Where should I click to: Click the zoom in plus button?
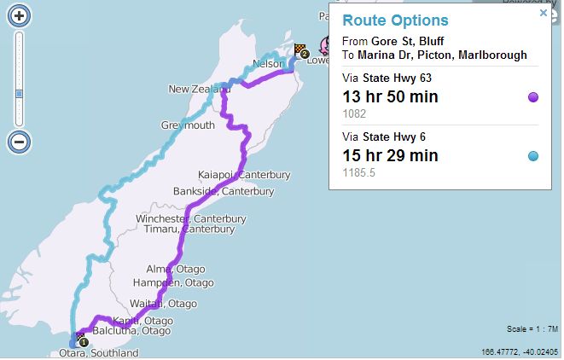tap(20, 15)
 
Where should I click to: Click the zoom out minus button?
tap(20, 141)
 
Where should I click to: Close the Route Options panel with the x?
tap(543, 13)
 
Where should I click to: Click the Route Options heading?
tap(395, 20)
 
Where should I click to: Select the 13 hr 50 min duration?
tap(390, 96)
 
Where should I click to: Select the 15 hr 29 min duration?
tap(390, 155)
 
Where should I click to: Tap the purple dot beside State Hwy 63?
tap(533, 97)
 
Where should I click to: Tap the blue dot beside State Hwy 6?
tap(533, 155)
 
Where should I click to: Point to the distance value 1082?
tap(354, 113)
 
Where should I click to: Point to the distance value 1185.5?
tap(358, 171)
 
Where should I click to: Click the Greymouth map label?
tap(188, 125)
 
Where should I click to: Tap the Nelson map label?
tap(268, 64)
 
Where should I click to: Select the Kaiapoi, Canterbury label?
tap(244, 175)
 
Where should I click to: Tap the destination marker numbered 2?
tap(302, 51)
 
